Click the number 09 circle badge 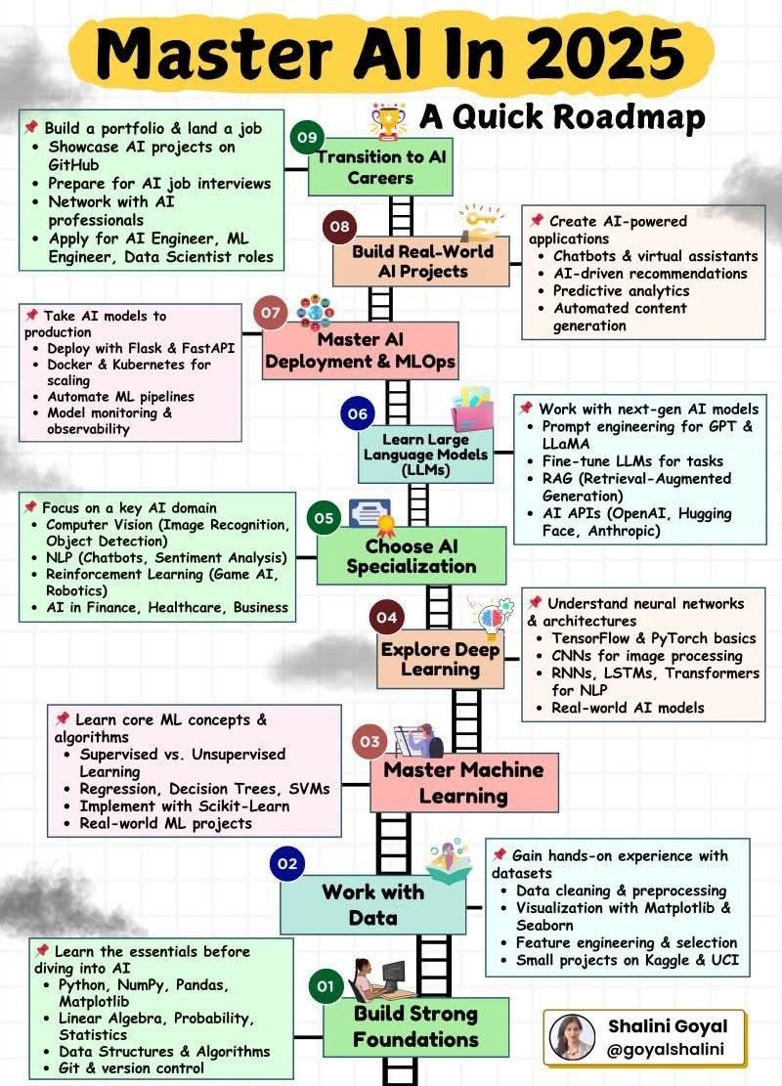click(x=306, y=136)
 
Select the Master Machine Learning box click(x=463, y=783)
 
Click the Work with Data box click(x=372, y=904)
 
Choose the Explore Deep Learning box click(x=440, y=660)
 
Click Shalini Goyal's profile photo click(x=573, y=1038)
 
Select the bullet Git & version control click(x=131, y=1067)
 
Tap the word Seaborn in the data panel click(x=545, y=925)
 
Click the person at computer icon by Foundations click(x=379, y=977)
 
